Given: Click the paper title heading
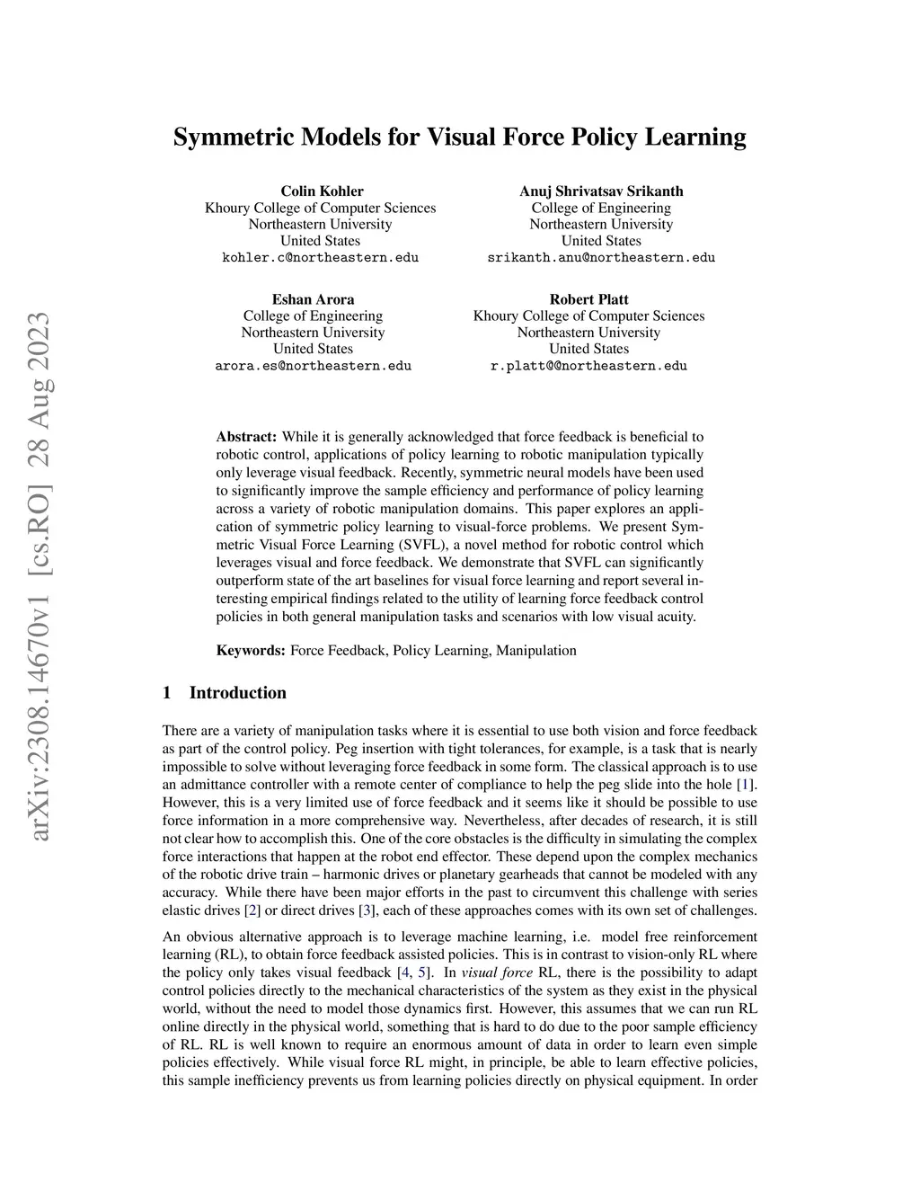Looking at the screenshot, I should pyautogui.click(x=459, y=138).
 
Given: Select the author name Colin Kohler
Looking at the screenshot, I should pyautogui.click(x=322, y=191).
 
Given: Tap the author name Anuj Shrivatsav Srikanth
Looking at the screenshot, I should pyautogui.click(x=601, y=191).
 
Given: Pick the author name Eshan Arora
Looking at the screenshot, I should pyautogui.click(x=313, y=299).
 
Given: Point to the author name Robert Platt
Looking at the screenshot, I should pyautogui.click(x=588, y=299).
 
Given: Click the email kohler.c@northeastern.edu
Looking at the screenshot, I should pyautogui.click(x=320, y=258).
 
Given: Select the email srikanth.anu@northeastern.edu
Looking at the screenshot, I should pyautogui.click(x=601, y=258).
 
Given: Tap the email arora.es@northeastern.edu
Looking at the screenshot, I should pyautogui.click(x=313, y=366).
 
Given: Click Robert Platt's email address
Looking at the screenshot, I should pyautogui.click(x=588, y=366).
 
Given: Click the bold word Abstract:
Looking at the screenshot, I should pyautogui.click(x=246, y=437).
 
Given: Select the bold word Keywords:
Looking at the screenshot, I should pyautogui.click(x=251, y=650).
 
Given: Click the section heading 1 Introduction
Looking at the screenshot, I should pyautogui.click(x=225, y=693).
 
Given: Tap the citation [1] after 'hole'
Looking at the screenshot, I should pyautogui.click(x=745, y=785).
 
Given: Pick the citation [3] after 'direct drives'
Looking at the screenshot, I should pyautogui.click(x=366, y=911).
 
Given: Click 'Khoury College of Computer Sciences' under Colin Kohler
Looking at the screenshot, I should pyautogui.click(x=320, y=208).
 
